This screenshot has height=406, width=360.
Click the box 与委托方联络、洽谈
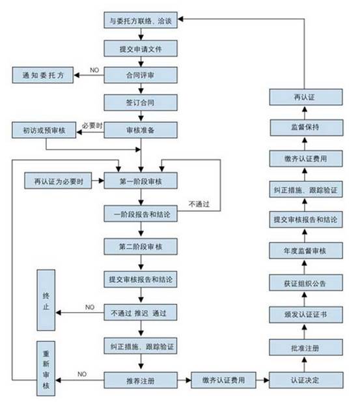(x=141, y=20)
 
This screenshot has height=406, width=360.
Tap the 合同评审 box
(x=141, y=75)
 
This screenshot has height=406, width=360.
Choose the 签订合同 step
(x=141, y=102)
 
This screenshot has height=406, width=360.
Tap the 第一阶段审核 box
(x=141, y=180)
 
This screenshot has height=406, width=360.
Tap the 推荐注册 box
(x=141, y=378)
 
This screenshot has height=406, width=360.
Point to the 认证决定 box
(x=305, y=378)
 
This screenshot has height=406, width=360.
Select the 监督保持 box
(x=305, y=126)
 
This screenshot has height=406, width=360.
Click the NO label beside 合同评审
(x=94, y=69)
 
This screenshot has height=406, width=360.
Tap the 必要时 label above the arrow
(x=93, y=124)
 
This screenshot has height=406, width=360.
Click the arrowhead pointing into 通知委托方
(x=77, y=75)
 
